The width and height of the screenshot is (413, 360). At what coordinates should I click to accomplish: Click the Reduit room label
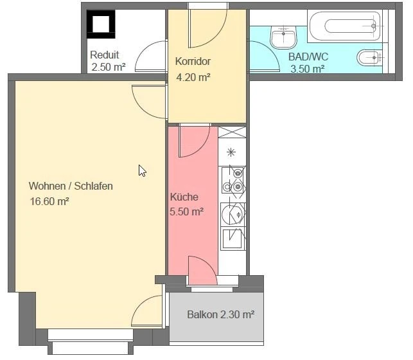[104, 55]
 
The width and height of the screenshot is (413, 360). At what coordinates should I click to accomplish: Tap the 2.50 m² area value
[108, 66]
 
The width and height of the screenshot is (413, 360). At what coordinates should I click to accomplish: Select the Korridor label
[193, 62]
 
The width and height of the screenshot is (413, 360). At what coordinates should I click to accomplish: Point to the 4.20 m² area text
[193, 77]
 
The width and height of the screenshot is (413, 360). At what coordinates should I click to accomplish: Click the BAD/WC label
[308, 57]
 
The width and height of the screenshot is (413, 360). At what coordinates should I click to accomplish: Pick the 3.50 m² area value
[307, 69]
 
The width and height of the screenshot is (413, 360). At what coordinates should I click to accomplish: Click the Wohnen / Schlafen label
[71, 186]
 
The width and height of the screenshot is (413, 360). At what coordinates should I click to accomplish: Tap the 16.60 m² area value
[50, 201]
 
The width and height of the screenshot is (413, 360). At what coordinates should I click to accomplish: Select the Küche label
[184, 197]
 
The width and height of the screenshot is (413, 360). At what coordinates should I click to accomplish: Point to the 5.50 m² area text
[187, 211]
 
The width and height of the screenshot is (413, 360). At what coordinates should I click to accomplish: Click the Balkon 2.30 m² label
[221, 315]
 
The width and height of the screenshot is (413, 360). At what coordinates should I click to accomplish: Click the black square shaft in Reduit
[101, 25]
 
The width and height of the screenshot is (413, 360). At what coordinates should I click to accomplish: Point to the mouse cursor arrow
[142, 170]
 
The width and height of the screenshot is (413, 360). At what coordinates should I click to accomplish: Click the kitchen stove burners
[233, 180]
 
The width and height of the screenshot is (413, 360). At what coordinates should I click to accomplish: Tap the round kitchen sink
[232, 212]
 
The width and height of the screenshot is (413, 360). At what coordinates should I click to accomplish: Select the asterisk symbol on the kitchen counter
[232, 152]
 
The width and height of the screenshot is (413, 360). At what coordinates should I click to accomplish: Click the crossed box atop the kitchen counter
[233, 132]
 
